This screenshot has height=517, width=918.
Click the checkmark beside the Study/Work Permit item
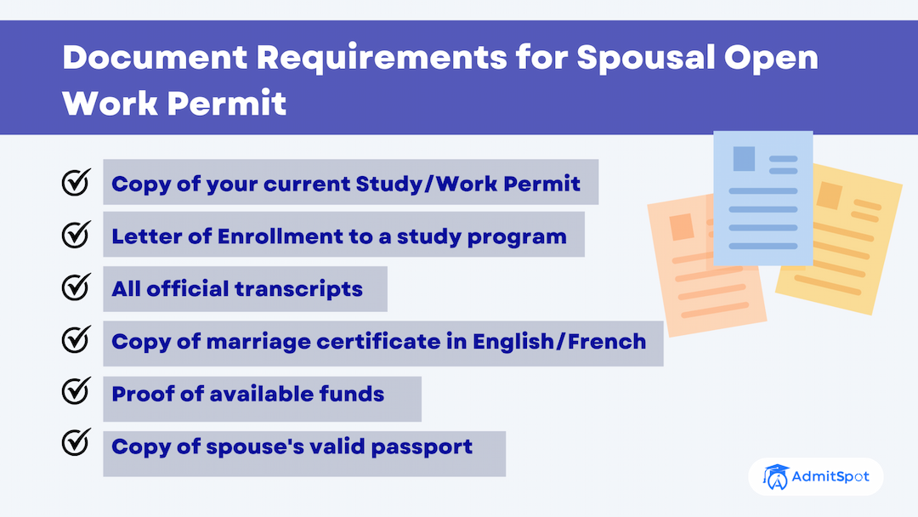coord(76,181)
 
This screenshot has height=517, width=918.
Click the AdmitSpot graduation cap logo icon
coord(775,476)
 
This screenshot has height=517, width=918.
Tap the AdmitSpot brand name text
coord(830,476)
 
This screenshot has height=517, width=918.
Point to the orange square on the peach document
coord(681,226)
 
